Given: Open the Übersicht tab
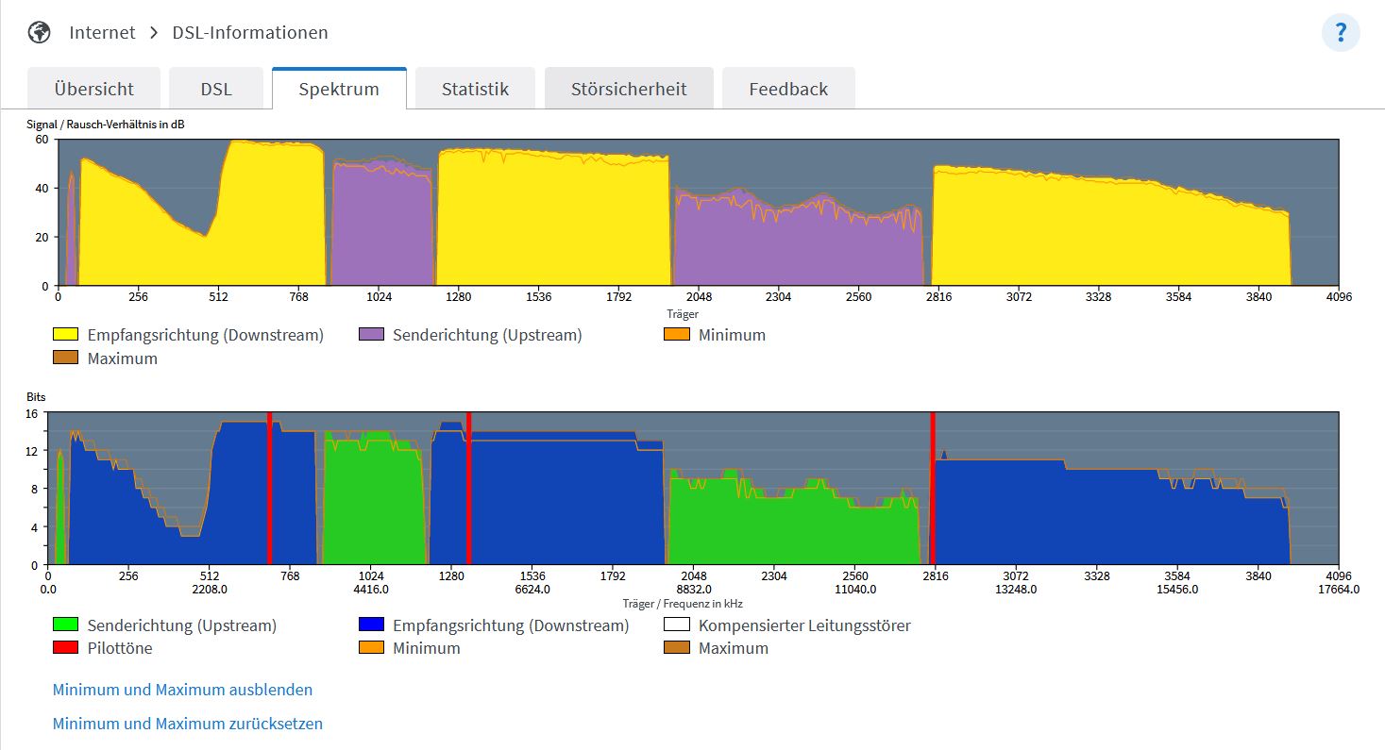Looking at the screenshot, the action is pyautogui.click(x=94, y=89).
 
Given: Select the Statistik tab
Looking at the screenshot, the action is pyautogui.click(x=475, y=89).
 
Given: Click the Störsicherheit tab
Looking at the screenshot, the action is pyautogui.click(x=629, y=89).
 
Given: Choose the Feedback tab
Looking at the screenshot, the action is pyautogui.click(x=788, y=89).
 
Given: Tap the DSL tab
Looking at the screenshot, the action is pyautogui.click(x=216, y=89).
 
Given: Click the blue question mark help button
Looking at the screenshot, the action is pyautogui.click(x=1341, y=32).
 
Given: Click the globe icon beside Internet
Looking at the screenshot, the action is pyautogui.click(x=39, y=32).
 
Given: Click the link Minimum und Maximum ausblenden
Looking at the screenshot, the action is pyautogui.click(x=182, y=690).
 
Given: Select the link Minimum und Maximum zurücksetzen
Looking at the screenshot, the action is pyautogui.click(x=187, y=724).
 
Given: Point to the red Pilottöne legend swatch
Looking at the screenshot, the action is pyautogui.click(x=65, y=647).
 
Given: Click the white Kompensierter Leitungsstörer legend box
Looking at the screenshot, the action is pyautogui.click(x=676, y=625).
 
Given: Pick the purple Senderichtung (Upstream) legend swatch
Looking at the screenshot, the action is pyautogui.click(x=371, y=334).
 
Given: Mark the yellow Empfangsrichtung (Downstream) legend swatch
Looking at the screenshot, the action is pyautogui.click(x=65, y=334).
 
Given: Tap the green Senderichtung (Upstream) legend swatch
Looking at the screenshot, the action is pyautogui.click(x=65, y=625).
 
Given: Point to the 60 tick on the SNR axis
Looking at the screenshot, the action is pyautogui.click(x=42, y=140).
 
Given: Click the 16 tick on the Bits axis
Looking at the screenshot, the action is pyautogui.click(x=31, y=414).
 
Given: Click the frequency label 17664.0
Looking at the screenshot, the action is pyautogui.click(x=1339, y=590).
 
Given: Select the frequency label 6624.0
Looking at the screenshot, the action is pyautogui.click(x=532, y=590).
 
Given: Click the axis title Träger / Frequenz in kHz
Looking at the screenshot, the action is pyautogui.click(x=683, y=604).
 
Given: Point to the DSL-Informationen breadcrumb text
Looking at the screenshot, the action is pyautogui.click(x=250, y=32).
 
